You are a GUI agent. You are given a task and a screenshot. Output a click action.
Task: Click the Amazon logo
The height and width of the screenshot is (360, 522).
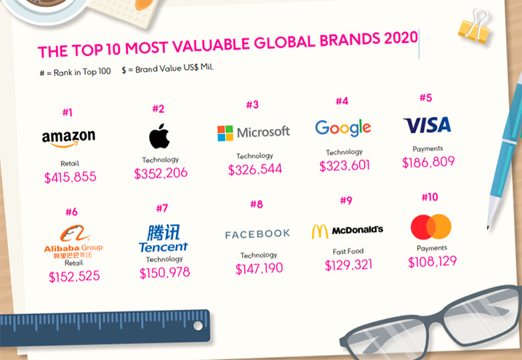[68, 138]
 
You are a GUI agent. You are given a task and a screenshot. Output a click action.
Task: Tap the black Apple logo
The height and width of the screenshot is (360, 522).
[159, 136]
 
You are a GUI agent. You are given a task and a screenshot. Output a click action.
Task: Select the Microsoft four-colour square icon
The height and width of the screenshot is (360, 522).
[225, 133]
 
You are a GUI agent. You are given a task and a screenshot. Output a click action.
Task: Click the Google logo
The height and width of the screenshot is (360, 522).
[343, 127]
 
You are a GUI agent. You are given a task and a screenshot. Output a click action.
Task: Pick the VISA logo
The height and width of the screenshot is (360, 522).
[427, 125]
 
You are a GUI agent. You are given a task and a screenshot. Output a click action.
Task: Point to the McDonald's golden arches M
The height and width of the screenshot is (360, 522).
[320, 231]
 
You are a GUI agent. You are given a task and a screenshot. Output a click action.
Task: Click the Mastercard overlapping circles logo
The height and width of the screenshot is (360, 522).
[431, 227]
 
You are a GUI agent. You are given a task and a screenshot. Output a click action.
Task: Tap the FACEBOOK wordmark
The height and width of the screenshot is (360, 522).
[257, 234]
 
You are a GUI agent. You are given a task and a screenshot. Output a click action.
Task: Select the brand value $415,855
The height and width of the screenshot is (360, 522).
[71, 177]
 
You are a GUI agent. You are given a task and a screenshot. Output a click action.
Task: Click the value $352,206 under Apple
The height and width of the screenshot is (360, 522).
[161, 173]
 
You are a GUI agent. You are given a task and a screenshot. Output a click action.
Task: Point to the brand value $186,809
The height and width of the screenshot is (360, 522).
[428, 162]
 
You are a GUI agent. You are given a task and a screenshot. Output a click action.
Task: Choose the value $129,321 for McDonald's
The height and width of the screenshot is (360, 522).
[348, 265]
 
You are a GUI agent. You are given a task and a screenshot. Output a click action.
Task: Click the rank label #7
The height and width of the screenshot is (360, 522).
[162, 209]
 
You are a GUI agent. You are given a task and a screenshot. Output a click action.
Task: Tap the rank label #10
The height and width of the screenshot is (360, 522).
[430, 197]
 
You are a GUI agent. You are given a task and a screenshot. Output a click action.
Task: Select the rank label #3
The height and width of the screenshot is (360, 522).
[252, 105]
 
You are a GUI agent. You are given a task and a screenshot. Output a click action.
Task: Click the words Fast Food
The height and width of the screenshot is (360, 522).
[348, 252]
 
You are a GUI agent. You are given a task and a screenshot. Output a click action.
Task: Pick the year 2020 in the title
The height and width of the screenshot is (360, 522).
[401, 39]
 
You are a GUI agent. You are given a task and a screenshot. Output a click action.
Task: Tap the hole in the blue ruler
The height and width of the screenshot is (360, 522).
[198, 325]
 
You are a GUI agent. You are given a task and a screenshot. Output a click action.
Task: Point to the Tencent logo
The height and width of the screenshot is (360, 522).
[164, 239]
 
